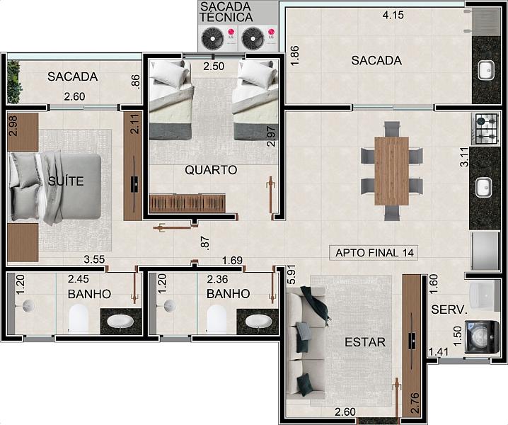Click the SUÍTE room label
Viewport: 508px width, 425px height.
tap(66, 181)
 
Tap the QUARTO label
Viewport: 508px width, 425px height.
tap(211, 170)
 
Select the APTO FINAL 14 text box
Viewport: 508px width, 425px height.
tap(374, 253)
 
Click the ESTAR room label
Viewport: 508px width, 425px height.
tap(365, 342)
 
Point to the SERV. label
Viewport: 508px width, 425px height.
tap(449, 310)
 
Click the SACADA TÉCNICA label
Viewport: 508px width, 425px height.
tap(226, 12)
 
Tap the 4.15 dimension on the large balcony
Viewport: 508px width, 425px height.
tap(393, 15)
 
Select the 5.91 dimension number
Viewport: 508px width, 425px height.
tap(291, 276)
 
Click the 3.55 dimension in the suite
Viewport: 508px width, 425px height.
tap(94, 259)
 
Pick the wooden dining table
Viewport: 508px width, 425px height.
tap(391, 171)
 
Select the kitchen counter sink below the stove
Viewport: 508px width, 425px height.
tap(484, 187)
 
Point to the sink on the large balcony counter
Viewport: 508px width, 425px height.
tap(486, 70)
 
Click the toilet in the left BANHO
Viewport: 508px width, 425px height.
tap(79, 319)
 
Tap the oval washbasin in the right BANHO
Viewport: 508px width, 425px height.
tap(258, 322)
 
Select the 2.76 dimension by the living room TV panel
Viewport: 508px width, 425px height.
tap(415, 403)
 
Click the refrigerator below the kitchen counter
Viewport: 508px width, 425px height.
tap(485, 251)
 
